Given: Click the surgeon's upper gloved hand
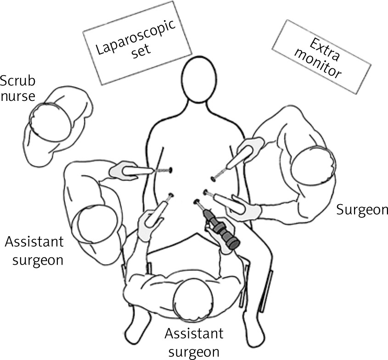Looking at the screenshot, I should [250, 148].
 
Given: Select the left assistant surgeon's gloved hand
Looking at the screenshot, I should [120, 171].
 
